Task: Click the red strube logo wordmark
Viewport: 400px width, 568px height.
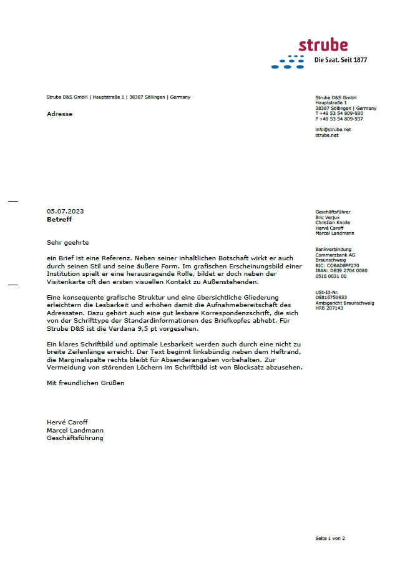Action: pos(323,45)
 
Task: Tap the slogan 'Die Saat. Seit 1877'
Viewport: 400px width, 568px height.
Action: pos(339,61)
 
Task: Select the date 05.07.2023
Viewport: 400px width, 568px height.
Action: pos(65,211)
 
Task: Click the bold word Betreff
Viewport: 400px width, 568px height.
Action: pos(59,220)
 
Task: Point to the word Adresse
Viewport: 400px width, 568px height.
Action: pos(59,114)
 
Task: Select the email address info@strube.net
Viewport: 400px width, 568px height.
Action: pos(333,129)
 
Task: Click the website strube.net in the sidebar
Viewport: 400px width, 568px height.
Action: pos(327,135)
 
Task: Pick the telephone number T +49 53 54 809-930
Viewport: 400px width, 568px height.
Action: pos(339,113)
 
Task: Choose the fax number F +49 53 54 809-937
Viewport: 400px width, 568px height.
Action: pos(339,119)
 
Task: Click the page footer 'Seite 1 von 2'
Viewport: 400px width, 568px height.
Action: pos(330,537)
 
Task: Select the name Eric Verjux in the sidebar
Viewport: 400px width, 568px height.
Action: pos(328,217)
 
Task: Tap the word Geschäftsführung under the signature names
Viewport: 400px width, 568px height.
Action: pos(75,438)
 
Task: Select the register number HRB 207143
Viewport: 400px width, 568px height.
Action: pos(329,308)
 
